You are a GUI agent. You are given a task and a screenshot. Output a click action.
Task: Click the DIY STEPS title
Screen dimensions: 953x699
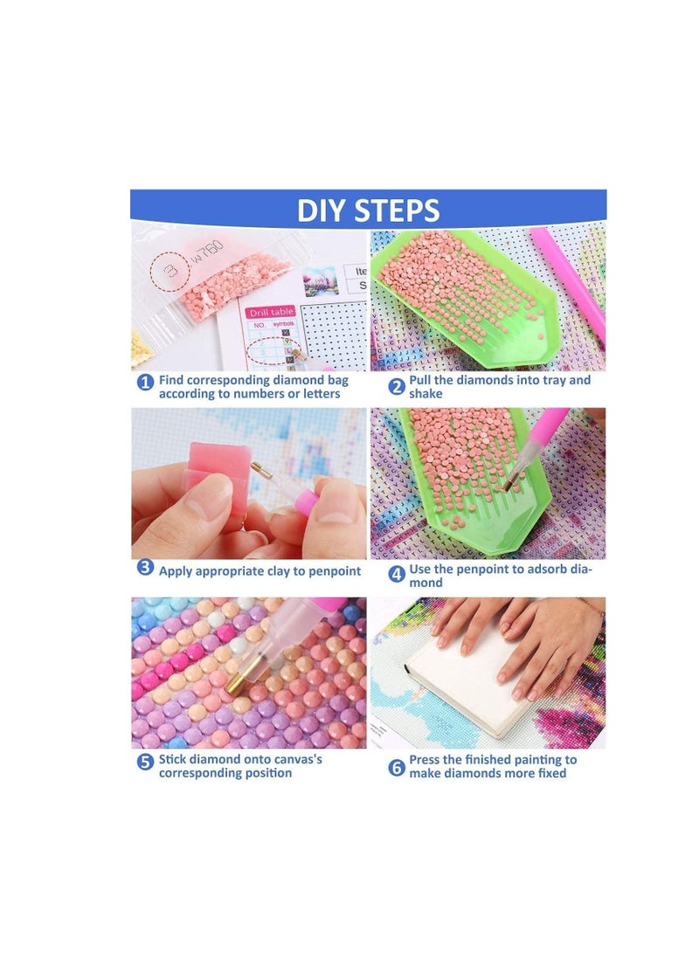click(368, 211)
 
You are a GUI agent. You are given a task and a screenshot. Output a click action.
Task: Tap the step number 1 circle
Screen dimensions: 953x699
click(145, 383)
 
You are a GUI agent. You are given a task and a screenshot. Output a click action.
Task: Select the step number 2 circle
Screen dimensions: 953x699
click(397, 385)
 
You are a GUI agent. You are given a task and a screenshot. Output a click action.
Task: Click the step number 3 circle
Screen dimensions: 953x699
click(145, 568)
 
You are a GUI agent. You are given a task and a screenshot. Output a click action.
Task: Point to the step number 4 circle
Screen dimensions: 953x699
click(397, 574)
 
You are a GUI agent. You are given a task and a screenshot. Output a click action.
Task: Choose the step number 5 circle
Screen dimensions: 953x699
click(145, 762)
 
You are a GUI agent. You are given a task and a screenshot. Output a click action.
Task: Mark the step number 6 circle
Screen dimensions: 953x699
click(397, 767)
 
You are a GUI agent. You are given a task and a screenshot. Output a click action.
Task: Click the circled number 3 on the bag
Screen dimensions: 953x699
click(172, 273)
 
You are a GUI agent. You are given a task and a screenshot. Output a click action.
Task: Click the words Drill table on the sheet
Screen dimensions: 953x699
click(270, 312)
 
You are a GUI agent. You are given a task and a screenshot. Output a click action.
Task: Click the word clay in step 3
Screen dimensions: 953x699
click(280, 571)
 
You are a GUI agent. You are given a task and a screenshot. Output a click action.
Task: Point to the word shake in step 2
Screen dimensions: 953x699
click(426, 394)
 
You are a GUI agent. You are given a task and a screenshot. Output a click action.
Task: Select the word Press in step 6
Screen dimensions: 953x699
click(427, 760)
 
